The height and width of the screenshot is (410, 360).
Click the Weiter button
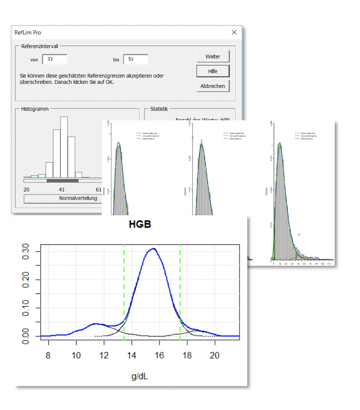click(x=213, y=57)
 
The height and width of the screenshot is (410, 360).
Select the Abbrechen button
click(x=213, y=86)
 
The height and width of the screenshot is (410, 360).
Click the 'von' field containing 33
click(x=54, y=59)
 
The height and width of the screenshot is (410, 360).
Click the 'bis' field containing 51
click(x=135, y=59)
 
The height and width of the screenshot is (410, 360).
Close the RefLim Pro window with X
click(x=234, y=32)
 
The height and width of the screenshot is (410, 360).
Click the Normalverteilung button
click(x=63, y=198)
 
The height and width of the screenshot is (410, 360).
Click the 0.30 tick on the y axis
click(x=26, y=251)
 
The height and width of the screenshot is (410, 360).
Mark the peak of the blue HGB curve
click(x=154, y=249)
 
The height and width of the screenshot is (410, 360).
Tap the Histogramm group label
click(x=35, y=109)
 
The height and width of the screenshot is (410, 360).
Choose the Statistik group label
click(x=159, y=109)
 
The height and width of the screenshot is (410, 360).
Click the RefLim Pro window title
click(x=28, y=32)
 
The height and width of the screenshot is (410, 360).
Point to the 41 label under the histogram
click(x=62, y=190)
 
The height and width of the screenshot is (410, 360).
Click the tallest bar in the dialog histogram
click(x=64, y=147)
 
